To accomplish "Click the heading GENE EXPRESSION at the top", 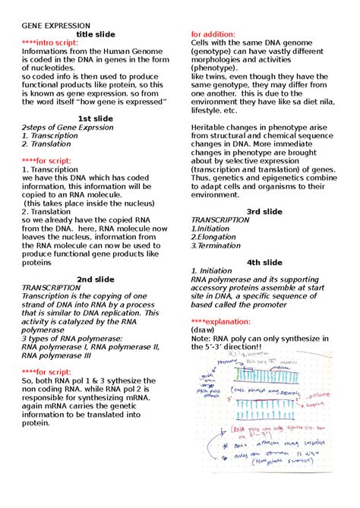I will [x=55, y=25].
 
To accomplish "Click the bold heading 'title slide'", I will [x=96, y=34].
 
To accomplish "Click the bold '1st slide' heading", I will [x=96, y=118].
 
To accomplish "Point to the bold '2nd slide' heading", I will [x=96, y=279].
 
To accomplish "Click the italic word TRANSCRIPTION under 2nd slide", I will [x=50, y=288].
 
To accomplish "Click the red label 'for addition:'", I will [x=213, y=34].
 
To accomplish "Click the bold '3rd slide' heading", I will [x=264, y=211].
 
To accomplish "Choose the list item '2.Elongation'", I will [x=214, y=236].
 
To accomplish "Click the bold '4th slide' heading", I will [x=264, y=262].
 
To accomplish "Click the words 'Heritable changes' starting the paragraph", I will [x=228, y=127].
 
